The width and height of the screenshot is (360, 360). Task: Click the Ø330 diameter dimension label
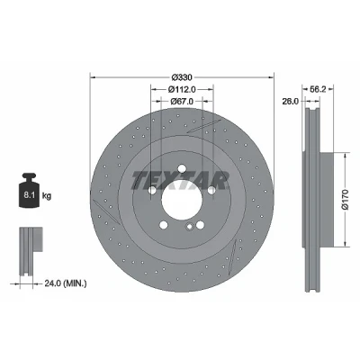click(x=182, y=77)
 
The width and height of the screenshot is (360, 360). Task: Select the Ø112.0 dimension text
click(x=182, y=89)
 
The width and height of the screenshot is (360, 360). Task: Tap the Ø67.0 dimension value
click(x=182, y=102)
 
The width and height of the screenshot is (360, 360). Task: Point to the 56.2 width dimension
click(x=318, y=89)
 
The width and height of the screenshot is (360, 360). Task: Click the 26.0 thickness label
click(x=290, y=102)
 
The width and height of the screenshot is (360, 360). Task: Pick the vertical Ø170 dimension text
click(x=346, y=199)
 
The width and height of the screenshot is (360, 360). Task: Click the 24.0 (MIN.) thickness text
click(x=66, y=283)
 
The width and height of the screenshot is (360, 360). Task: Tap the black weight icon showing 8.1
click(x=30, y=190)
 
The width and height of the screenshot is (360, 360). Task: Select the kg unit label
click(x=47, y=196)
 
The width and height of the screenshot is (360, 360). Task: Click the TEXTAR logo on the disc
click(x=180, y=181)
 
